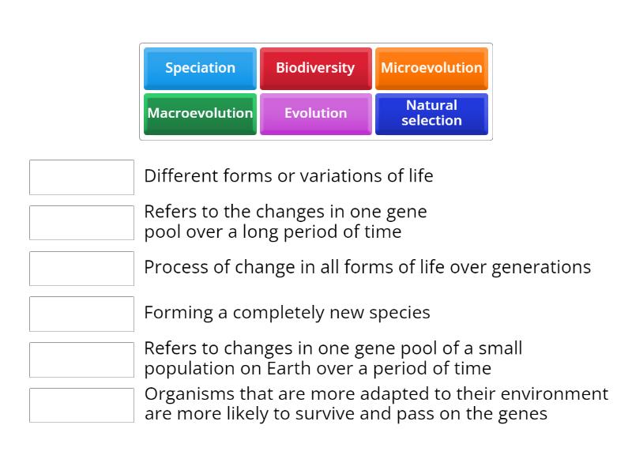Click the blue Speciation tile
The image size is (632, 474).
[x=200, y=69]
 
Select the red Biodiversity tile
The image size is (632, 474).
[x=315, y=69]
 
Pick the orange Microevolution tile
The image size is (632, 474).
[x=431, y=69]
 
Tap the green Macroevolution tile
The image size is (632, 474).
[x=200, y=114]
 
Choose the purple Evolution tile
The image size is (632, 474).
[x=315, y=114]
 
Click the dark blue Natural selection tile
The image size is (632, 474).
[x=431, y=114]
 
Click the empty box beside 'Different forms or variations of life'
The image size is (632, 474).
[x=82, y=177]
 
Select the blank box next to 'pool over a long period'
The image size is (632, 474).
[x=82, y=223]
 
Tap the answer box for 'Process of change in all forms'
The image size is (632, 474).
[x=82, y=269]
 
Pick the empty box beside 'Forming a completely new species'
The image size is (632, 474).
[x=82, y=314]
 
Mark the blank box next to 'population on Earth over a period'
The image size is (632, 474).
[x=82, y=360]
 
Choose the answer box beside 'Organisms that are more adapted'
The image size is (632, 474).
[x=82, y=405]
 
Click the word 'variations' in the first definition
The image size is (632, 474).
[x=341, y=175]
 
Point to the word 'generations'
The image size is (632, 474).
[x=541, y=268]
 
